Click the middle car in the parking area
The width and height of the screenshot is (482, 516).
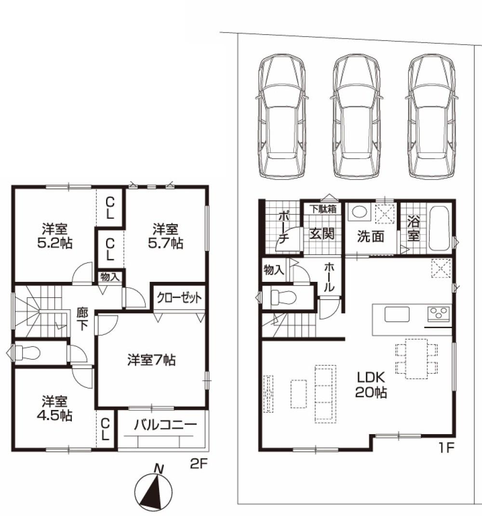pyautogui.click(x=357, y=116)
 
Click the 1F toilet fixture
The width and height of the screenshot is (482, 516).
pyautogui.click(x=283, y=297)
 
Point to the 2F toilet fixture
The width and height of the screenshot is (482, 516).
pyautogui.click(x=27, y=353)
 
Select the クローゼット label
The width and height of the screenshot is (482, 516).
pyautogui.click(x=179, y=298)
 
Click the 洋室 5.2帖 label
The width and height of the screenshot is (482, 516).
pyautogui.click(x=54, y=236)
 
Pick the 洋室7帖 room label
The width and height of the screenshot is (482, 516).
pyautogui.click(x=152, y=360)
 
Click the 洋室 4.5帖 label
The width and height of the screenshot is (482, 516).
pyautogui.click(x=54, y=409)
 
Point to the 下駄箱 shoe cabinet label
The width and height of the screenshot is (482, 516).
pyautogui.click(x=323, y=209)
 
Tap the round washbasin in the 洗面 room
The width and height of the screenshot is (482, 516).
pyautogui.click(x=359, y=212)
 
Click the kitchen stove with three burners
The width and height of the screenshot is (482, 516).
pyautogui.click(x=438, y=314)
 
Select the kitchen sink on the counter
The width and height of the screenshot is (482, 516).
pyautogui.click(x=397, y=314)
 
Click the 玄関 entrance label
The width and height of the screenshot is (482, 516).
pyautogui.click(x=321, y=234)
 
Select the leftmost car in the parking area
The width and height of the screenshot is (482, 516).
pyautogui.click(x=282, y=116)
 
